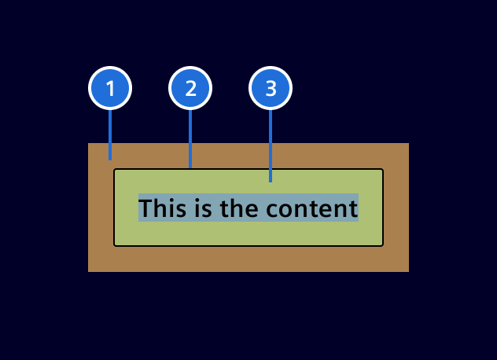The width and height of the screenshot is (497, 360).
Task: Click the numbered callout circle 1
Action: [110, 89]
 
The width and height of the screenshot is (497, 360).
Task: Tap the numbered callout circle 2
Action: [190, 89]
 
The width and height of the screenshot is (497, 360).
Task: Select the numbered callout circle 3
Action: [271, 89]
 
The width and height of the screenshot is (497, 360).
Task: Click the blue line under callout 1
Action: [110, 134]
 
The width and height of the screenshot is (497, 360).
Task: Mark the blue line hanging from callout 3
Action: [271, 145]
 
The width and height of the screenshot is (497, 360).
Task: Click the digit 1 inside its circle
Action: [110, 89]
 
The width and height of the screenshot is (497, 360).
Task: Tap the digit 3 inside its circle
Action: [271, 89]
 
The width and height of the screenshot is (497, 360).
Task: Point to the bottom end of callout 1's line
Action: [110, 159]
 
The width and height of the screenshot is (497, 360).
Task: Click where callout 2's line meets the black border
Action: [190, 167]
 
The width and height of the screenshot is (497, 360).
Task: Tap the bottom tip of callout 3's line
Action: [271, 182]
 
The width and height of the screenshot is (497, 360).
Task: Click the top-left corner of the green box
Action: [115, 170]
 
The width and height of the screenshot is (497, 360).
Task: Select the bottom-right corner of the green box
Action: [382, 245]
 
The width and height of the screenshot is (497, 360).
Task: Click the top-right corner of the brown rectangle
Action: [408, 144]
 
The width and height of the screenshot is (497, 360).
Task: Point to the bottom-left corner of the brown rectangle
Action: [89, 271]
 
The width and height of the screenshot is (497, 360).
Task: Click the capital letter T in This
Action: [145, 208]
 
